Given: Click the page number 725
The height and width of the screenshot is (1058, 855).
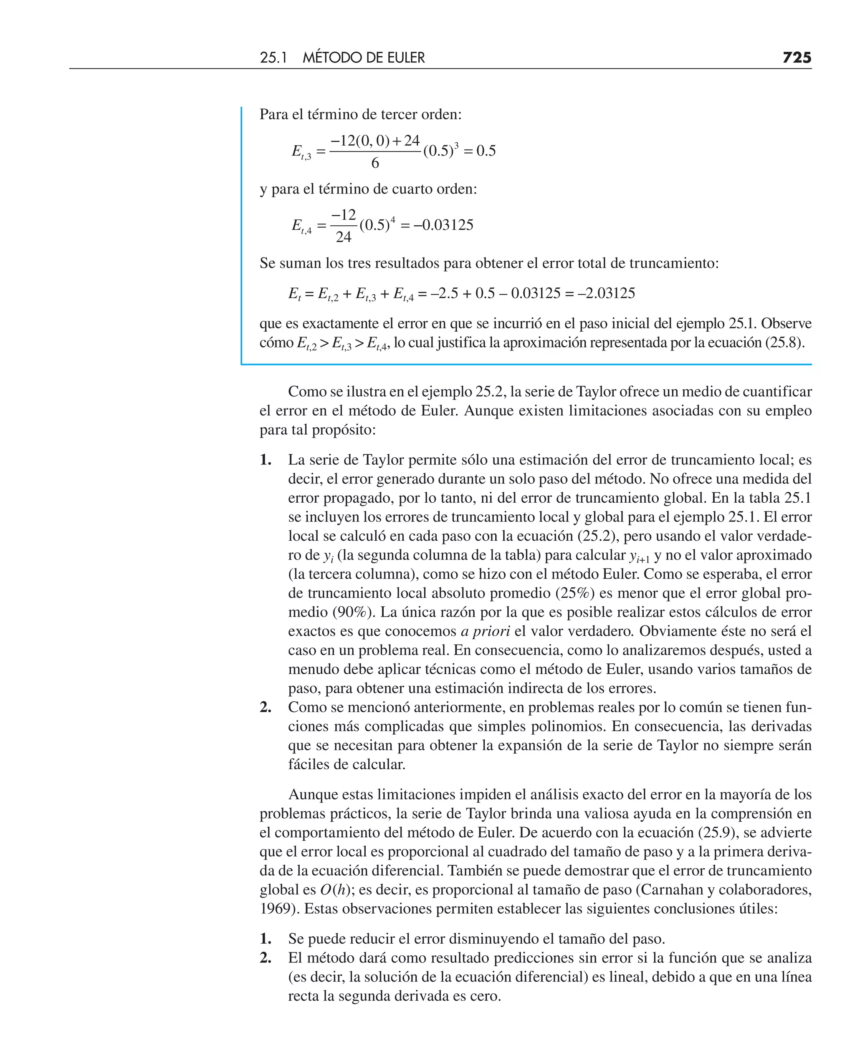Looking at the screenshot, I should point(797,58).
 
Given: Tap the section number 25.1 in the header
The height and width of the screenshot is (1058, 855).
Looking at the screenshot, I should point(273,58).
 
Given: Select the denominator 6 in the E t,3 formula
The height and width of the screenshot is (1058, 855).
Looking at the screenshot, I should point(375,163).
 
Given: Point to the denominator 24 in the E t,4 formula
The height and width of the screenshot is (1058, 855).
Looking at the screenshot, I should point(343,237).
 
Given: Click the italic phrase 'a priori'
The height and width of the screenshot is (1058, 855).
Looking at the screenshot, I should point(485,631).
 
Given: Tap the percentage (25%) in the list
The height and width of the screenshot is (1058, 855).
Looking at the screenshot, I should point(575,593).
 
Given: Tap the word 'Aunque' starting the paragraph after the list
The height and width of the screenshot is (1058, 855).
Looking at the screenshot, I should point(313,794).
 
